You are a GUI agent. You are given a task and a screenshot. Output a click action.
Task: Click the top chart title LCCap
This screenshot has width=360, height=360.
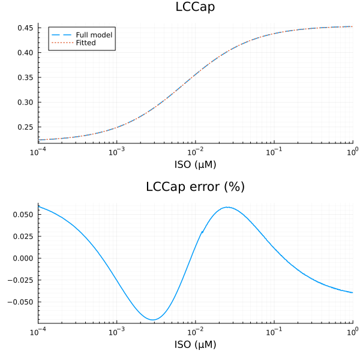pos(195,7)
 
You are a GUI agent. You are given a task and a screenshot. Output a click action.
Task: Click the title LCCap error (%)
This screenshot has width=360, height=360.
pos(195,187)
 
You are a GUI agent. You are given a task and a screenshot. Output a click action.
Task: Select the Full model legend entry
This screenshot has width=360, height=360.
pos(98,35)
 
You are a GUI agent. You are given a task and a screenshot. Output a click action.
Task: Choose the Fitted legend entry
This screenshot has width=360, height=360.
pos(90,43)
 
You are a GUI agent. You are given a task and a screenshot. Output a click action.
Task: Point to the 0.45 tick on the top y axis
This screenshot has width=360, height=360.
pos(25,28)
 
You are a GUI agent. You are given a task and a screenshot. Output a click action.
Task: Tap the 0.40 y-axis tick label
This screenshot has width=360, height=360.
pos(25,53)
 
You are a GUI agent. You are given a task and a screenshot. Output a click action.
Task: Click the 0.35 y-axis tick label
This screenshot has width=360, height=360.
pos(25,77)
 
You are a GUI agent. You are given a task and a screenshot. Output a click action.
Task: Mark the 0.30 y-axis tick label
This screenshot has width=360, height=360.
pos(25,102)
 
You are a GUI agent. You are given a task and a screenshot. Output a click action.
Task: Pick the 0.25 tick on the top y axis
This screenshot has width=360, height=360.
pos(25,127)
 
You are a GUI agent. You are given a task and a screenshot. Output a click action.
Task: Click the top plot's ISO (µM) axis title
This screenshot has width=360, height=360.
pos(195,164)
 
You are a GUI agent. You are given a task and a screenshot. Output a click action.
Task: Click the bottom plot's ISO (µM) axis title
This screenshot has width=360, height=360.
pos(195,344)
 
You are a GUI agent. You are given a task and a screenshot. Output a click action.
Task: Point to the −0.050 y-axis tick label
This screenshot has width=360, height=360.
pos(21,301)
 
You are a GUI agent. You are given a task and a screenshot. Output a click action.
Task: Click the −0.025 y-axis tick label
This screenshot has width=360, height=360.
pos(21,280)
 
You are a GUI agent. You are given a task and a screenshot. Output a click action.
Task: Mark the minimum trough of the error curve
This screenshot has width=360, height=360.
pos(153,320)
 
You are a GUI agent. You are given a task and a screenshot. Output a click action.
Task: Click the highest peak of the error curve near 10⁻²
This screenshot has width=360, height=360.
pos(227,208)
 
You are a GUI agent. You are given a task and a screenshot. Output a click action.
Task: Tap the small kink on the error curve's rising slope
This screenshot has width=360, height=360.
pos(202,232)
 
